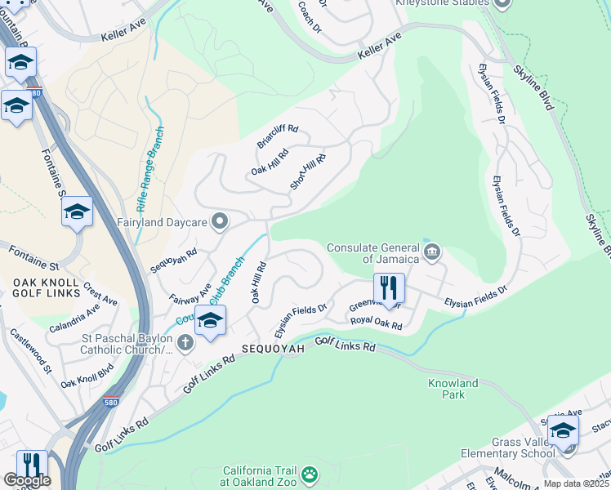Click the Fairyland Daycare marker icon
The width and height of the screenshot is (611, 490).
219,221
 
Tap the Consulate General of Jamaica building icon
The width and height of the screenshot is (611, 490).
432,252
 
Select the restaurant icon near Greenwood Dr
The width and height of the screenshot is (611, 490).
389,287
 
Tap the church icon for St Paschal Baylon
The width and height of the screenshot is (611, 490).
185,341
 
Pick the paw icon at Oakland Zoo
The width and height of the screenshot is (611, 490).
310,474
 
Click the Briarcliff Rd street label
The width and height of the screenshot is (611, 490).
279,136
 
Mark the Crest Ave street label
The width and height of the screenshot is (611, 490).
101,295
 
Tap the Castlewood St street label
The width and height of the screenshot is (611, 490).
29,352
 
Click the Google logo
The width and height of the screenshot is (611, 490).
26,480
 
